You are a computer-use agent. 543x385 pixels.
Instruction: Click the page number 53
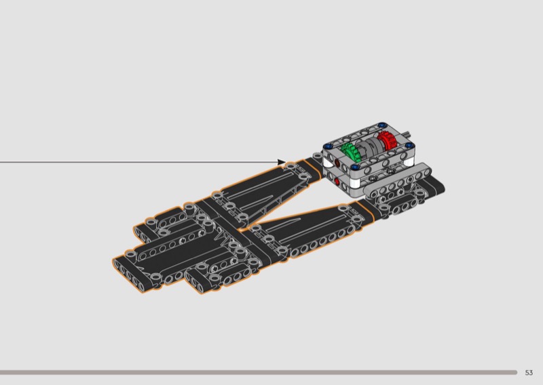[529, 373]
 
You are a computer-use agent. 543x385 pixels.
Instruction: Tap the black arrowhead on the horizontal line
[282, 162]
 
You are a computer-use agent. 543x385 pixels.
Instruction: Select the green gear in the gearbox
[350, 152]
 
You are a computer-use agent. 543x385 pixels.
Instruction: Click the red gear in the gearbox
[387, 140]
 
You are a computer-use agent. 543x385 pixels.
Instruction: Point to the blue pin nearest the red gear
[409, 145]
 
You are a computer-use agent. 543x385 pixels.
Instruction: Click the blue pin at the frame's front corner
[358, 168]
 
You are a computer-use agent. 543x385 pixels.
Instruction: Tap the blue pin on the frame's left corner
[327, 146]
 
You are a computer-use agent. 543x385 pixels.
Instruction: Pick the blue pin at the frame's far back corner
[382, 125]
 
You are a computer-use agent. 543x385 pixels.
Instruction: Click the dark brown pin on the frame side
[337, 162]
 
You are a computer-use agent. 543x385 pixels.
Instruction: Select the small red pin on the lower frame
[337, 181]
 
